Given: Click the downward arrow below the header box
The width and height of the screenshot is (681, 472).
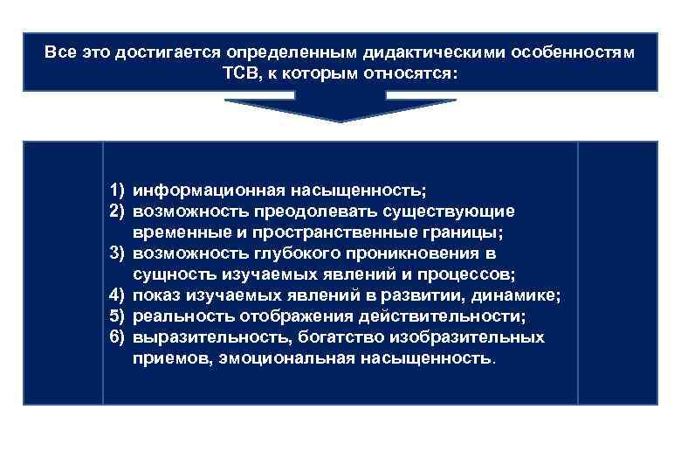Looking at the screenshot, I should pyautogui.click(x=340, y=110).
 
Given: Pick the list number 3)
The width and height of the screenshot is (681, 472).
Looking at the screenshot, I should pyautogui.click(x=119, y=253).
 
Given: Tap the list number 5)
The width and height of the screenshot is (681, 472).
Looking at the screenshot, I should pyautogui.click(x=119, y=316).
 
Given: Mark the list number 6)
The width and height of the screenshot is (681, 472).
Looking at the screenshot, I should pyautogui.click(x=119, y=337).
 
